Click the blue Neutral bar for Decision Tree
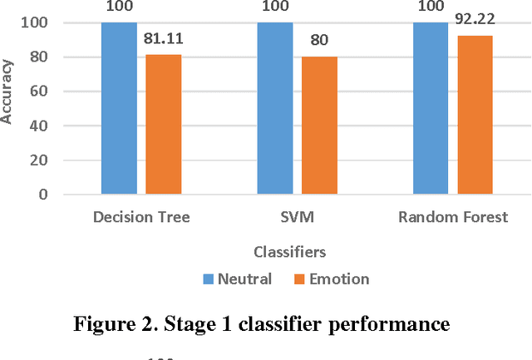point(119,108)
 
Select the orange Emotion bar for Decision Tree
point(163,125)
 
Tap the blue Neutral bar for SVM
point(275,108)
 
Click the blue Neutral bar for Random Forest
point(431,108)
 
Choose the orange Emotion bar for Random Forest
point(475,115)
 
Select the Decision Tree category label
point(141,218)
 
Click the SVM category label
point(297,218)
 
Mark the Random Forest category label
point(453,218)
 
